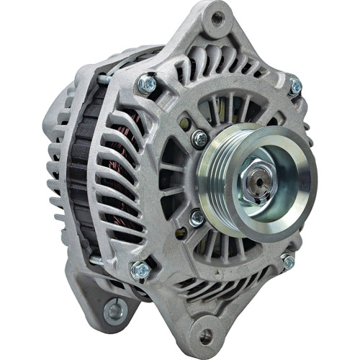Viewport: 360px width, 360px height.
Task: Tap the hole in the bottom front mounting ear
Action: point(206,336)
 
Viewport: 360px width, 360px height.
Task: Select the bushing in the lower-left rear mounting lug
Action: point(114,312)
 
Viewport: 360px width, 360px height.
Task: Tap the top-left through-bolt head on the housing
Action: point(148,84)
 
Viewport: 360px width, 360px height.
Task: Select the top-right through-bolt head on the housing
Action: point(294,86)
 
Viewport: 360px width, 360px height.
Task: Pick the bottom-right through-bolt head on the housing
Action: point(288,262)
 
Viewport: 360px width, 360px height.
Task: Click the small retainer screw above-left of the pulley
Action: point(199,138)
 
